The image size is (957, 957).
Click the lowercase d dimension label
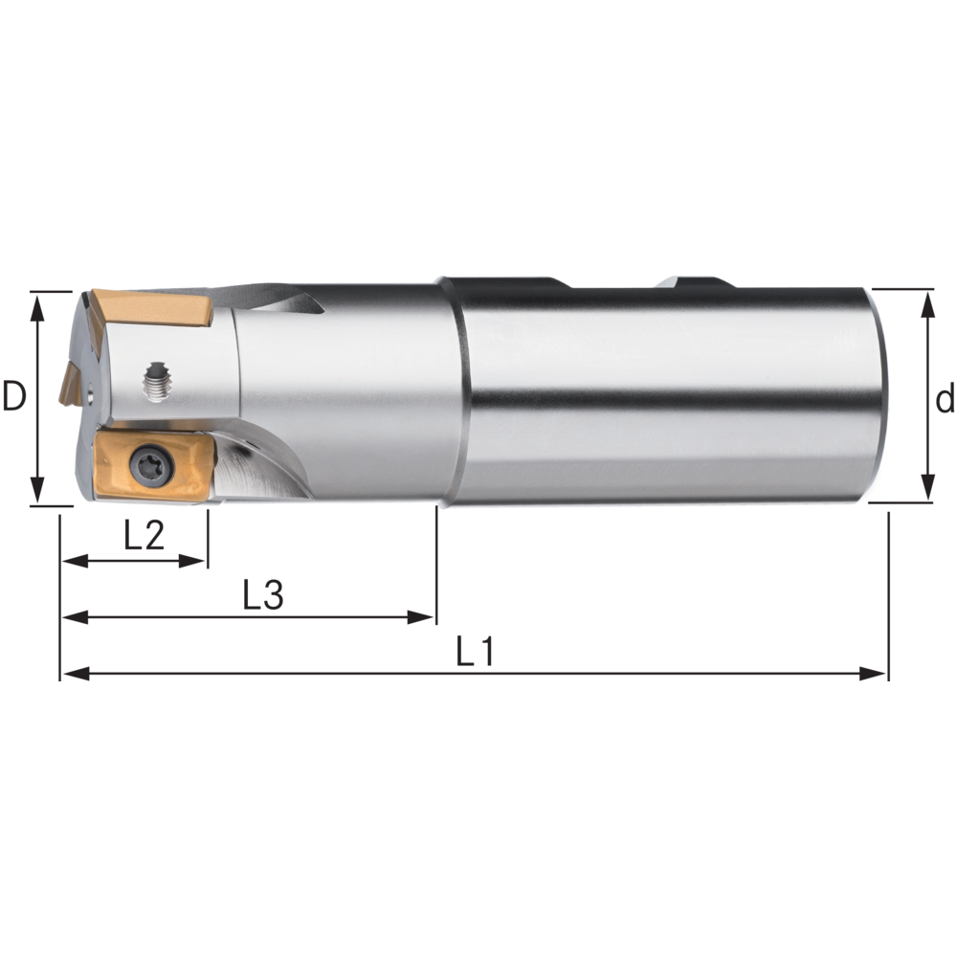[946, 400]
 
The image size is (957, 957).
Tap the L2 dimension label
[145, 535]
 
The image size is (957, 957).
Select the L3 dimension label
[263, 594]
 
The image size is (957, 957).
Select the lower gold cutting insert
[154, 466]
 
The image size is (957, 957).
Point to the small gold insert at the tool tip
[71, 384]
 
